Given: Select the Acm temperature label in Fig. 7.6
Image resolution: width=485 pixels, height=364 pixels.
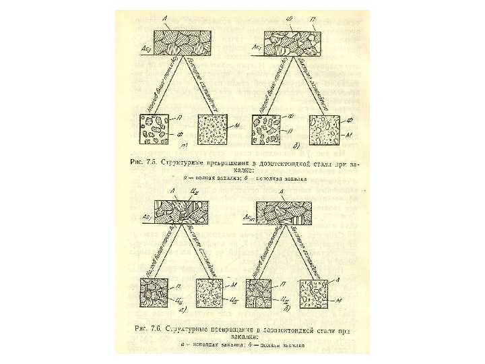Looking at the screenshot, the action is coord(251,218).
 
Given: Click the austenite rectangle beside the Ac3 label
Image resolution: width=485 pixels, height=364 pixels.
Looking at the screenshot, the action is coord(181,42).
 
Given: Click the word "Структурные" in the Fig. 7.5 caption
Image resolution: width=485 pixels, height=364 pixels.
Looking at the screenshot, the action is coord(191,163).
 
